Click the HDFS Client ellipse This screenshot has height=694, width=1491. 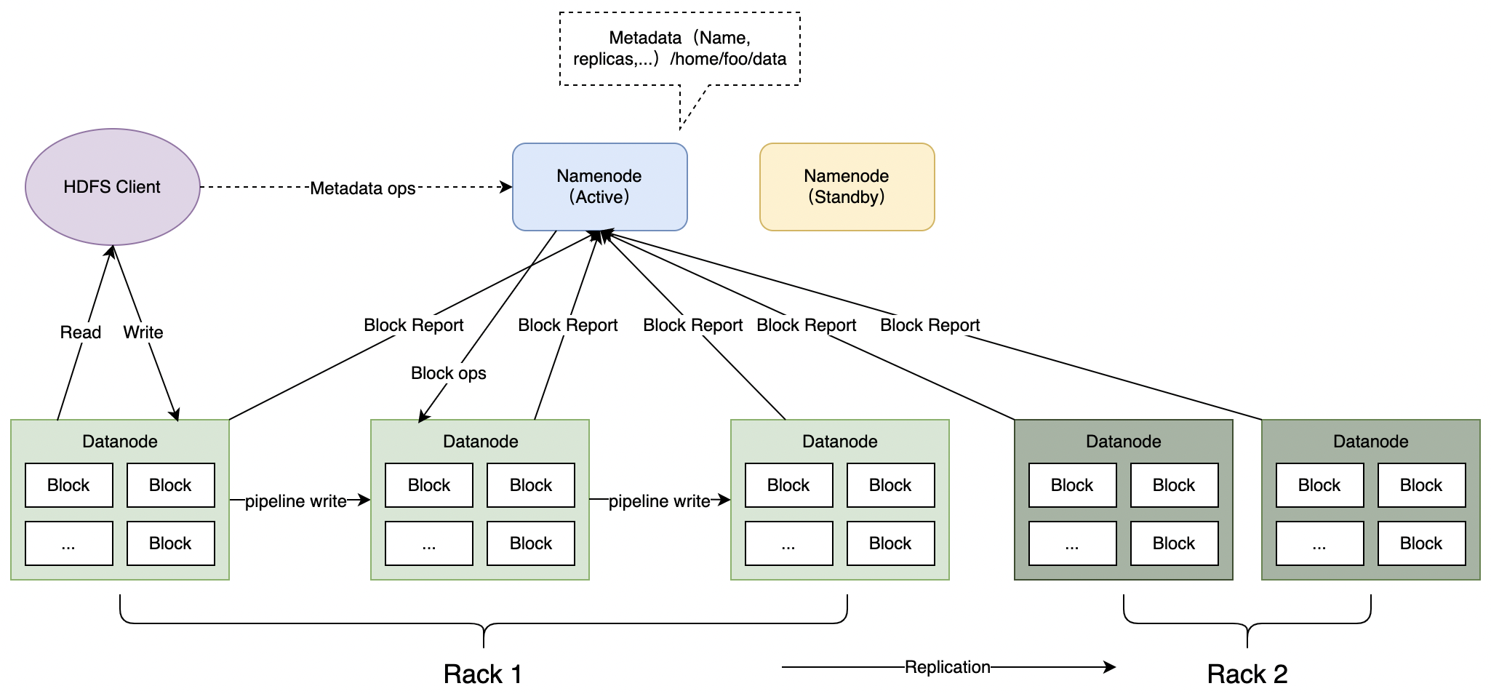(x=113, y=187)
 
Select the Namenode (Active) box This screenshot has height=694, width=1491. (x=600, y=187)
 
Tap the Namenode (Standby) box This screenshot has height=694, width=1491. (x=847, y=187)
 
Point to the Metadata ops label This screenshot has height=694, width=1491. (x=362, y=188)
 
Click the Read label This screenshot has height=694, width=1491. (x=81, y=332)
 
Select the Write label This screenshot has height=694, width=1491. (x=143, y=332)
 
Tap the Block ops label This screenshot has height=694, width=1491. (x=449, y=373)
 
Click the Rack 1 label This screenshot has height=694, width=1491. (x=483, y=674)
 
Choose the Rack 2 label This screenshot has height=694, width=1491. (x=1247, y=674)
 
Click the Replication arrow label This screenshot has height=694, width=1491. (x=948, y=667)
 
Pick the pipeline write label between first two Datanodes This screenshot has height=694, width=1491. (x=295, y=501)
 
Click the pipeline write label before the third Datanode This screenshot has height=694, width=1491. (x=659, y=501)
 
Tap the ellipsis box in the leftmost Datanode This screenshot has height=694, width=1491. (x=69, y=543)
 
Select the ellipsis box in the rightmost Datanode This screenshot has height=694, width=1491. (x=1320, y=543)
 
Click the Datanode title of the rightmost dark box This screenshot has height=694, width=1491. (x=1371, y=442)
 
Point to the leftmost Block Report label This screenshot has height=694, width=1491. (x=414, y=325)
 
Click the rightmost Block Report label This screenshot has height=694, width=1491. (x=930, y=325)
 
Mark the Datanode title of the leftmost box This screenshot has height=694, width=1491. (x=120, y=442)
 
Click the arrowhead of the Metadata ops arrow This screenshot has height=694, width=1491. (x=508, y=187)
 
